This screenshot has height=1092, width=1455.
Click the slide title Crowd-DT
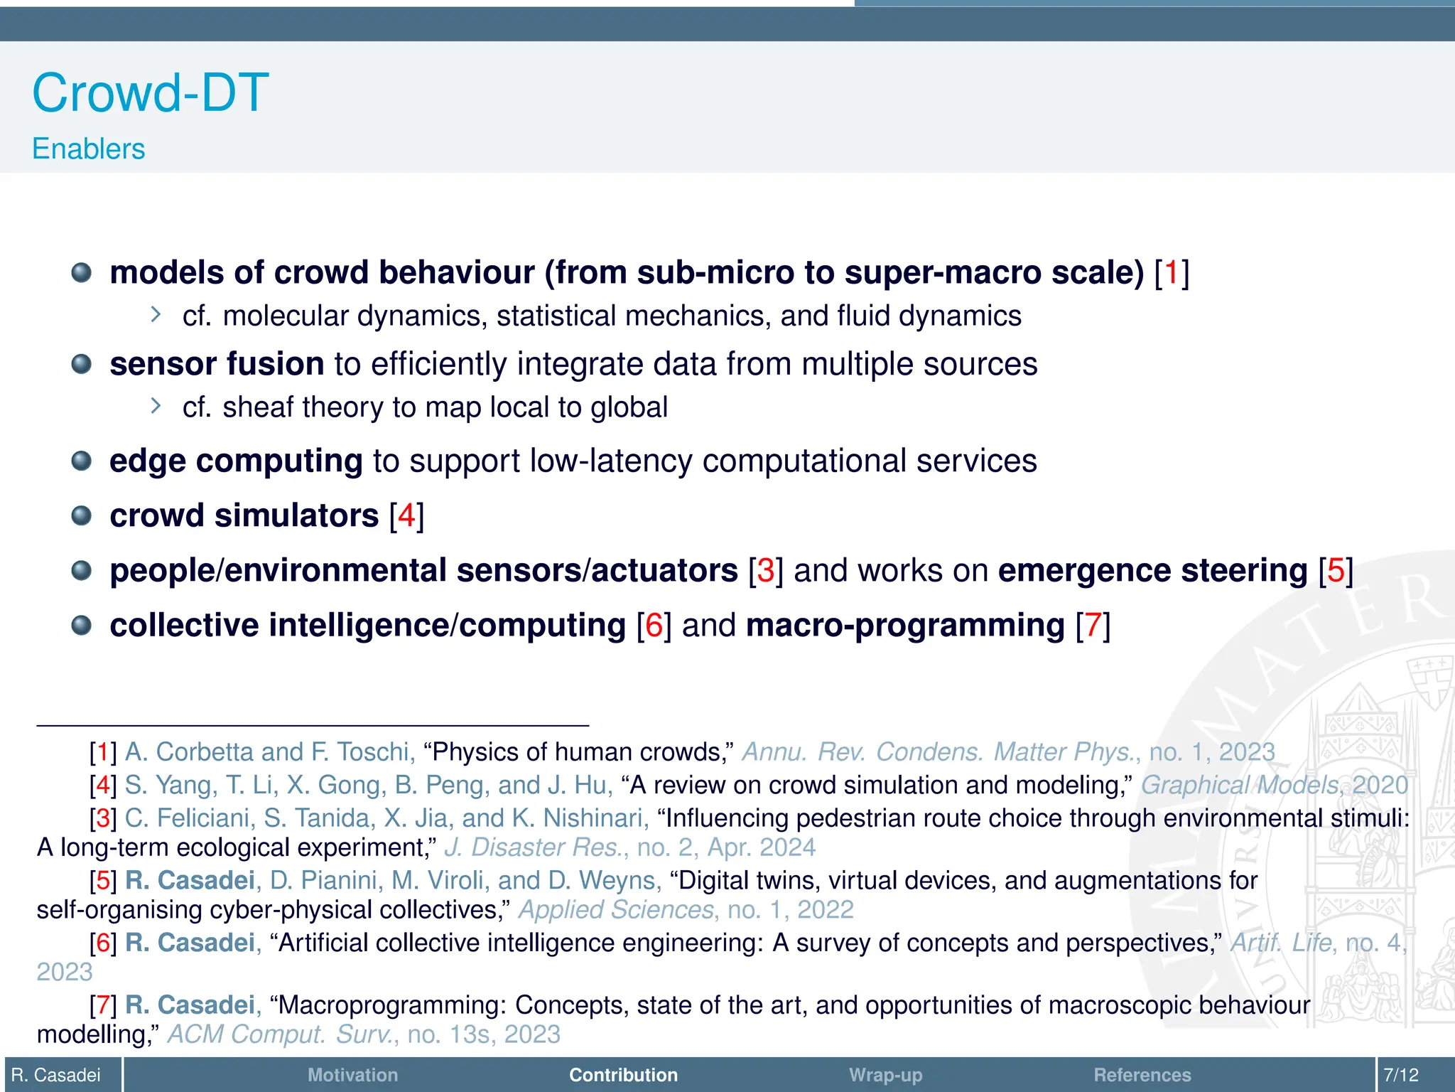pyautogui.click(x=151, y=93)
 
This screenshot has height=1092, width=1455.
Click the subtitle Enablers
pyautogui.click(x=88, y=149)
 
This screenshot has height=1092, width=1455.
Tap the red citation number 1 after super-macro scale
pyautogui.click(x=1172, y=273)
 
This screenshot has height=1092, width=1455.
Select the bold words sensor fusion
pyautogui.click(x=217, y=364)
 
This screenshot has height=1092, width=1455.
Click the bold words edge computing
pyautogui.click(x=236, y=461)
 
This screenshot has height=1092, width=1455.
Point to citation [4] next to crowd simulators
pyautogui.click(x=406, y=515)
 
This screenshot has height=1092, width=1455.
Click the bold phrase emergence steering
pyautogui.click(x=1152, y=571)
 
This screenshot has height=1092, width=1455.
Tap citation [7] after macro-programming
pyautogui.click(x=1093, y=626)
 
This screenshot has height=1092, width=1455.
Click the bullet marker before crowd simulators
pyautogui.click(x=82, y=515)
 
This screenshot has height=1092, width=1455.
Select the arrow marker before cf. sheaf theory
pyautogui.click(x=156, y=406)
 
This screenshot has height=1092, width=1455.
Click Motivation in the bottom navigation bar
pyautogui.click(x=352, y=1075)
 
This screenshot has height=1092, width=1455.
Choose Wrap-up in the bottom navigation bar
pyautogui.click(x=885, y=1075)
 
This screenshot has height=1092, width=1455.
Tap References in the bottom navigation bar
pyautogui.click(x=1142, y=1075)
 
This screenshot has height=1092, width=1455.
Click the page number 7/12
pyautogui.click(x=1401, y=1075)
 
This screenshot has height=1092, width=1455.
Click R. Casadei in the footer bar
pyautogui.click(x=56, y=1075)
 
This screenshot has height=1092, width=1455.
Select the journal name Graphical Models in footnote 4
pyautogui.click(x=1240, y=785)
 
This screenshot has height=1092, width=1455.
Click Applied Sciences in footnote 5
pyautogui.click(x=616, y=910)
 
